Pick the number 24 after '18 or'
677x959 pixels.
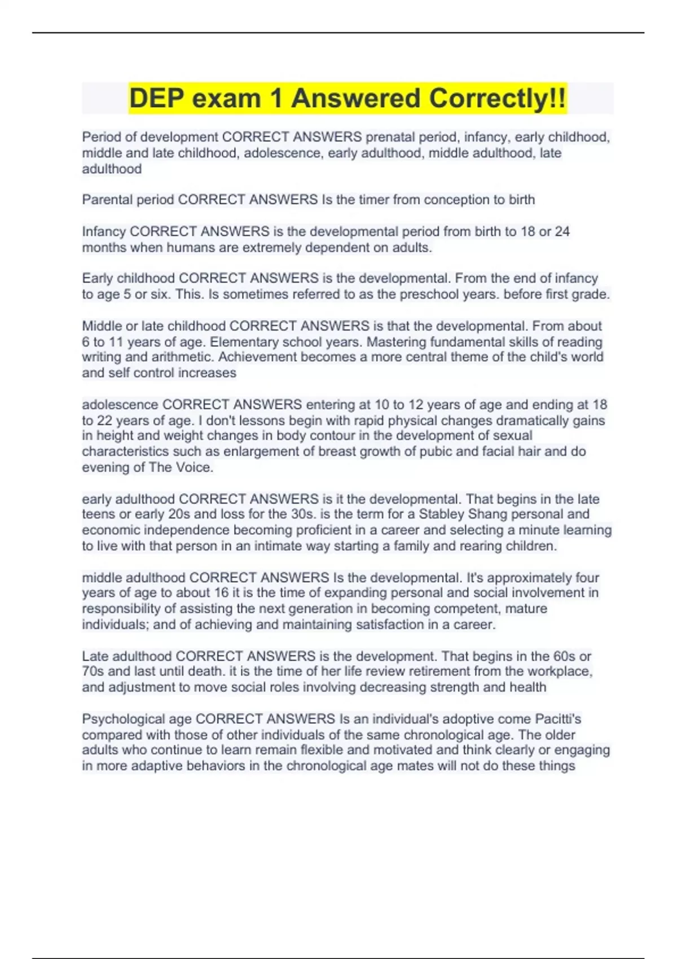tap(562, 231)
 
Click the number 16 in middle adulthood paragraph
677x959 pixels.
tap(221, 593)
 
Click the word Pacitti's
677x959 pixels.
tap(558, 719)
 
